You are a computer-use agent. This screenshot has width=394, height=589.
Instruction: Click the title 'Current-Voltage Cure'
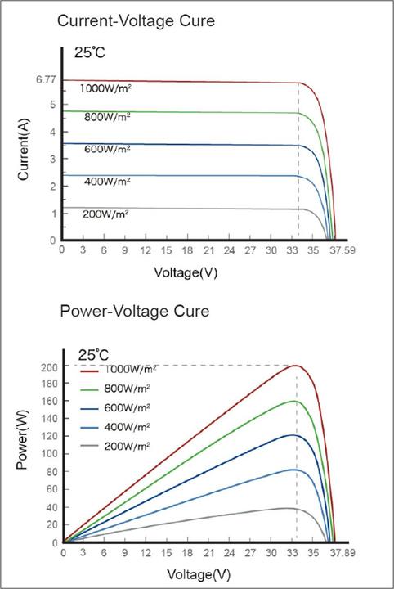pyautogui.click(x=136, y=21)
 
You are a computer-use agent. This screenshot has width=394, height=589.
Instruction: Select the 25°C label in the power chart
pyautogui.click(x=93, y=354)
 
